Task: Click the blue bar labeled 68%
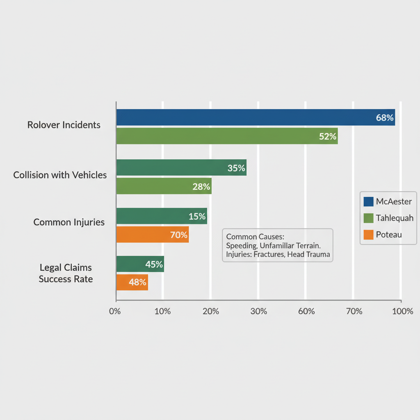pos(255,117)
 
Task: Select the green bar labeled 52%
pos(227,136)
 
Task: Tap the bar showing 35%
pos(181,167)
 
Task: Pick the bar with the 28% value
pos(164,186)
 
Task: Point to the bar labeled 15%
pos(161,216)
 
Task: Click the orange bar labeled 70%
pos(152,235)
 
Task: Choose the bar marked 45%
pos(140,264)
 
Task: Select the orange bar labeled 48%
pos(132,282)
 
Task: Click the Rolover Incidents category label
pos(64,125)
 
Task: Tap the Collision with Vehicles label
pos(60,175)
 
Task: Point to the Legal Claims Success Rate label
pos(66,273)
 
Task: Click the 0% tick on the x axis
pos(115,311)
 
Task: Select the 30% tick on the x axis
pos(258,311)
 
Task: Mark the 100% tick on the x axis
pos(402,311)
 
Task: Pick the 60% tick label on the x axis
pos(306,311)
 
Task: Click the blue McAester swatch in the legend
pos(368,202)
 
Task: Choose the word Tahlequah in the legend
pos(394,218)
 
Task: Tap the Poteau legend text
pos(388,235)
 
